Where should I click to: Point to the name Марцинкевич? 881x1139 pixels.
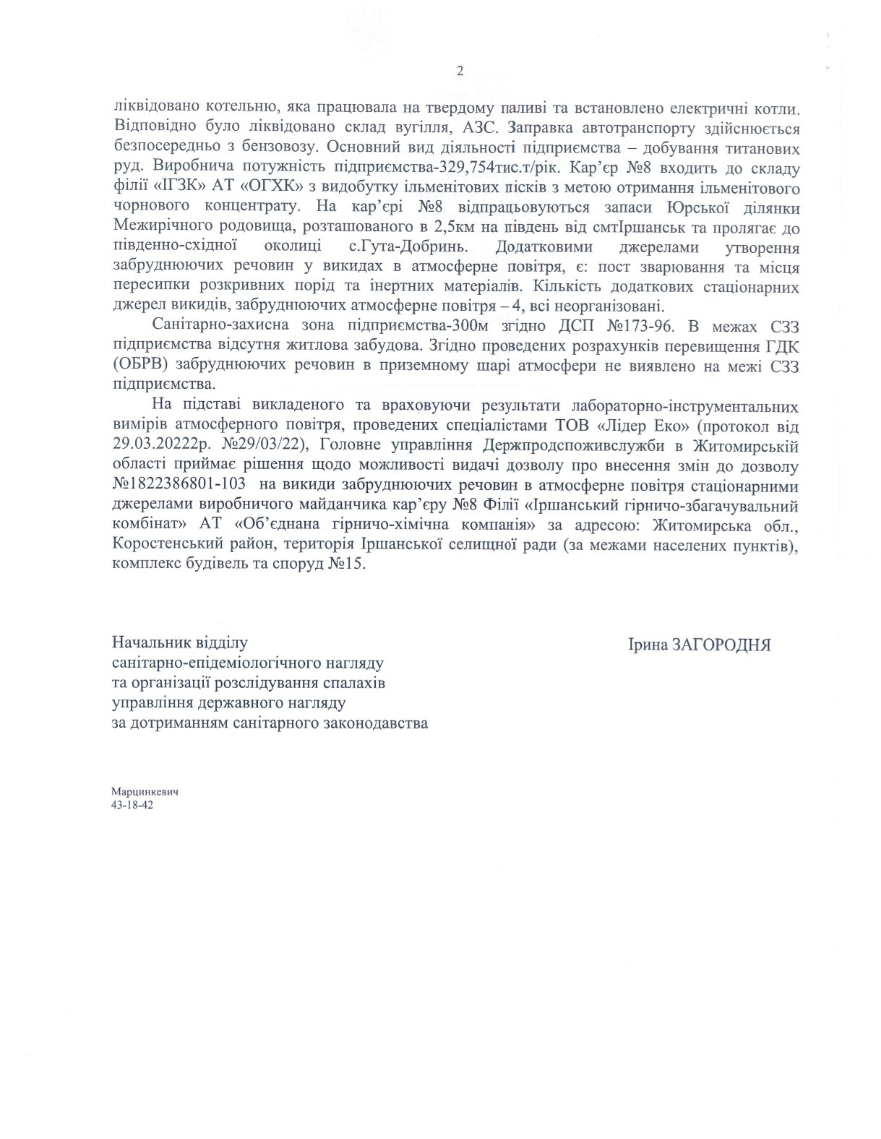point(145,791)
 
